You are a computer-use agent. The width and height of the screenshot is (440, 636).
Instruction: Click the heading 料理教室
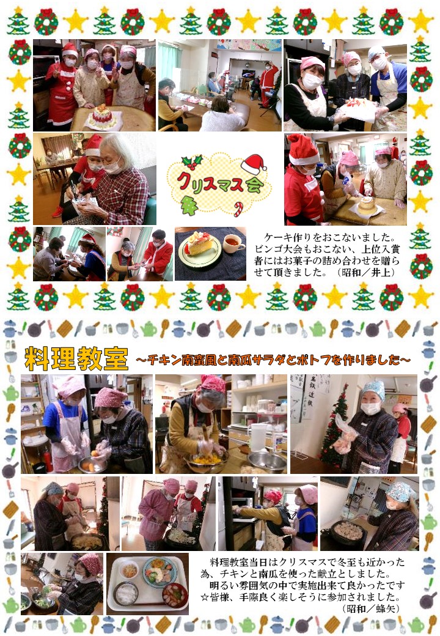[76, 358]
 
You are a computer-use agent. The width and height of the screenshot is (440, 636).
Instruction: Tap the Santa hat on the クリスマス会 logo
[254, 165]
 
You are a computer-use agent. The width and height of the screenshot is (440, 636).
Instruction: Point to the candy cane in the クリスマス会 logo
[238, 209]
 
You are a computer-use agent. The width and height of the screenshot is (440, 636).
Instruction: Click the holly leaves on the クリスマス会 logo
[192, 162]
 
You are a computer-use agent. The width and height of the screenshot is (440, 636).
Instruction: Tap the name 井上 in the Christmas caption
[383, 273]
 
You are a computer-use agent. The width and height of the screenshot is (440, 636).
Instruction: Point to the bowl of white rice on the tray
[127, 594]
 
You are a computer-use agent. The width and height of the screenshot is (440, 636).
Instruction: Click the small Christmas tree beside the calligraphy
[332, 428]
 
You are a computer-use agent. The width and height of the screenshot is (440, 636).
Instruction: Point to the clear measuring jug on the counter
[258, 437]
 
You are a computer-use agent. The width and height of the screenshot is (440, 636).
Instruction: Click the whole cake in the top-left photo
[101, 116]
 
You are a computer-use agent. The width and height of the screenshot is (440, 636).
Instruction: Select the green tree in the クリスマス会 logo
[189, 205]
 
